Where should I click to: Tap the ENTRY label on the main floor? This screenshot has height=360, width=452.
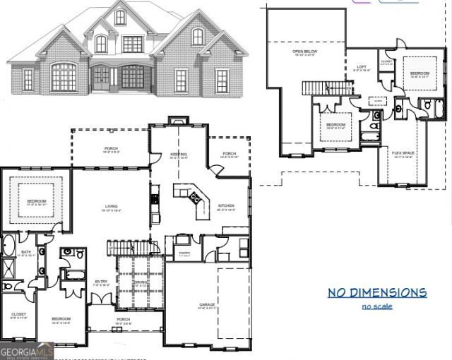pos(102,282)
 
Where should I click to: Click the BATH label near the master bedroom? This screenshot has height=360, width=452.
pos(26,251)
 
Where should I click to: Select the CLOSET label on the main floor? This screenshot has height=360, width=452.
pos(19,314)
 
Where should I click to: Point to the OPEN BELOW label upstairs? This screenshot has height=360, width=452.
pos(304,52)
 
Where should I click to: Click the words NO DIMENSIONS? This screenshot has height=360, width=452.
pos(377,292)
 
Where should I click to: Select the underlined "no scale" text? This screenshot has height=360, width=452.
pos(376,306)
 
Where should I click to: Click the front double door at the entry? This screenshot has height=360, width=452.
pos(104,296)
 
